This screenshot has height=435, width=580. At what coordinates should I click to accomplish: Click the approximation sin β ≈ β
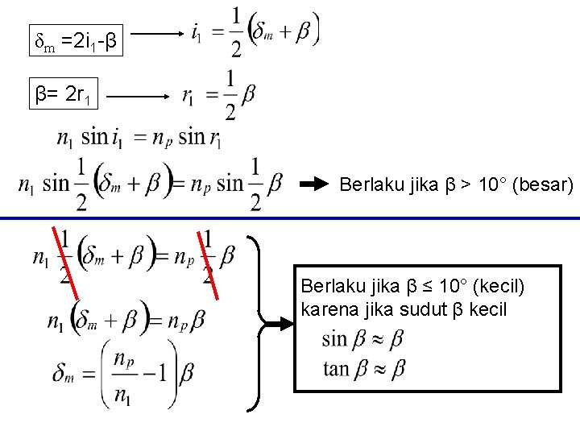click(362, 339)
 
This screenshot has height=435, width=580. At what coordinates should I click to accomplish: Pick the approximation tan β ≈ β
click(362, 369)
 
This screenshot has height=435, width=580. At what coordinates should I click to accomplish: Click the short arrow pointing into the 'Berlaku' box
click(278, 324)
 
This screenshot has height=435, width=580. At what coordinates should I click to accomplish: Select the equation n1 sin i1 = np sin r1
click(139, 138)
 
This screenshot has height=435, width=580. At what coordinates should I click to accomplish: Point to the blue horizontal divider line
click(290, 218)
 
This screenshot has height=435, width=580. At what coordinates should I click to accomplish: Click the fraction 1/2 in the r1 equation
click(230, 96)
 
